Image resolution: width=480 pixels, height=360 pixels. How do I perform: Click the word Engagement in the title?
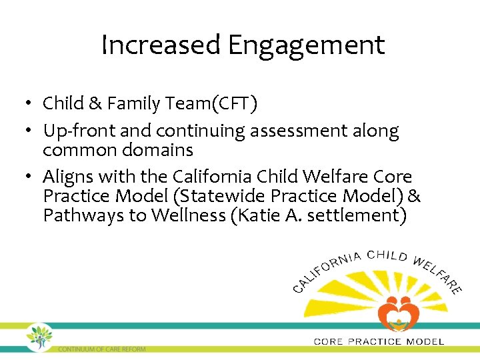point(306,45)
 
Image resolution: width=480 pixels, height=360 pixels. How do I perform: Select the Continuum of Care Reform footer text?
point(101,349)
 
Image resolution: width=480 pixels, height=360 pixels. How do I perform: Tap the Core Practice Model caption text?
point(378,341)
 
